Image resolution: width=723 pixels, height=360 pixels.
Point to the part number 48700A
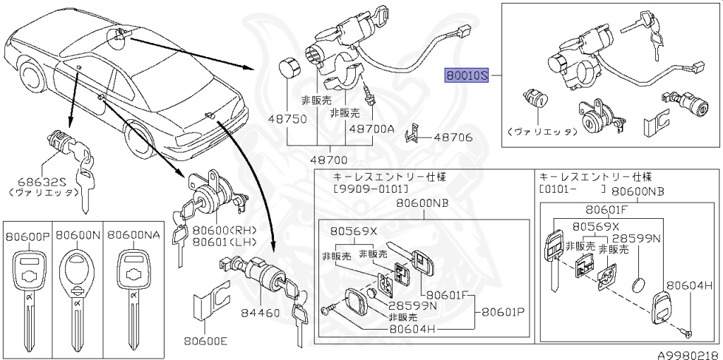pos(371,129)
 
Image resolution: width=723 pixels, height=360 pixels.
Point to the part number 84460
pos(261,312)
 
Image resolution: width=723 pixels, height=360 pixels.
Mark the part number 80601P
pos(503,312)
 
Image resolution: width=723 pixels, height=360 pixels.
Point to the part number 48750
pos(285,119)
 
